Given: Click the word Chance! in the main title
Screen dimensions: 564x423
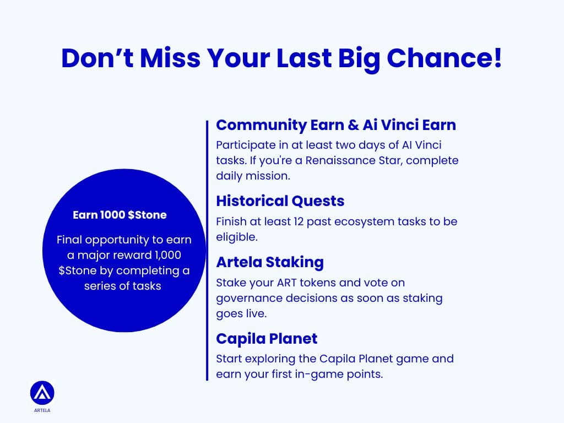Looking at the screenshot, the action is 444,58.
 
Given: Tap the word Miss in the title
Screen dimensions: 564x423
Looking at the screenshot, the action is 170,58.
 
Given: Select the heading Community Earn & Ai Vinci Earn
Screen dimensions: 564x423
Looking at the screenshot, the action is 336,125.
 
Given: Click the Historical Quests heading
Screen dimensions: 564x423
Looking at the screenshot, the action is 280,200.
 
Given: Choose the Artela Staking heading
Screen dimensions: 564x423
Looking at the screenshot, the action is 270,262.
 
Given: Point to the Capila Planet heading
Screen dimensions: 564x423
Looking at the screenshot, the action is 267,339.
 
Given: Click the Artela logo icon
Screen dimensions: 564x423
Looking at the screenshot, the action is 42,393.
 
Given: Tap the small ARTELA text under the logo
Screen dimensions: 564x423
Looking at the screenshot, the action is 42,410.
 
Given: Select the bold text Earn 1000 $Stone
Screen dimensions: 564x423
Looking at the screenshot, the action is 120,215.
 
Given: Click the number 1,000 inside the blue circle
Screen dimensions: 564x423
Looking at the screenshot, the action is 167,255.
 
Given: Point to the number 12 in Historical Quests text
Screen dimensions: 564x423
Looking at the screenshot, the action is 299,221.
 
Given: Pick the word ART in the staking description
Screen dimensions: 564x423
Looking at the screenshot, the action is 286,283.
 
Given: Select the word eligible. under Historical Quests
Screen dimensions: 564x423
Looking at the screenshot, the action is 237,237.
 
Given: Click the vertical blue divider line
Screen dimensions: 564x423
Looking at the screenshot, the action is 207,251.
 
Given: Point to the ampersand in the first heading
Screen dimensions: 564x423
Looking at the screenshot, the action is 353,125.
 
